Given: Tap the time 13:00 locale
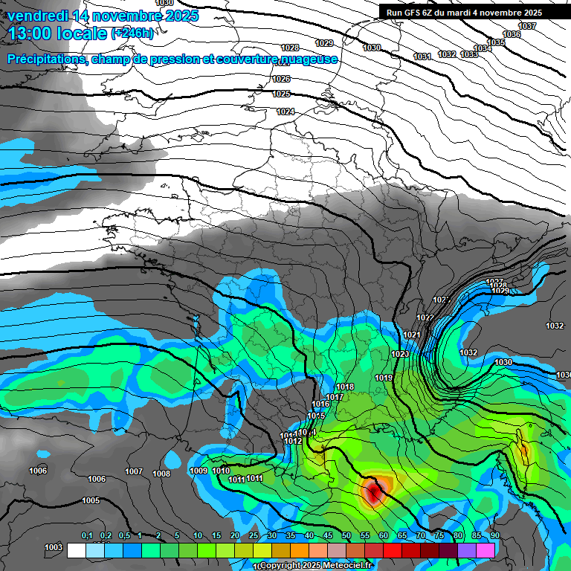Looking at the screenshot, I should [56, 33].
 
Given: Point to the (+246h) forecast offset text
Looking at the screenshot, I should [132, 33].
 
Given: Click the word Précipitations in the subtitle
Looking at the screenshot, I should [45, 59].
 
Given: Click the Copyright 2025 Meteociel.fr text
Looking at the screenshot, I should [316, 566].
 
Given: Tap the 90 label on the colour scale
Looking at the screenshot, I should [495, 536].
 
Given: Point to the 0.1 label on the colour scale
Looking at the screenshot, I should [87, 536].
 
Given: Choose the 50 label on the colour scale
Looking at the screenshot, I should [346, 536].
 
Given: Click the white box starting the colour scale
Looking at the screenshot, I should [76, 550].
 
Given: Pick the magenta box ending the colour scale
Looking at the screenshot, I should [485, 550].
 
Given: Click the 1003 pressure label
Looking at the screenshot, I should [54, 547].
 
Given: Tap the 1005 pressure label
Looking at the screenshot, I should [91, 501].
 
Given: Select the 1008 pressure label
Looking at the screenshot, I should [161, 474].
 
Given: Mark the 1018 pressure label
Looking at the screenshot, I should [345, 387].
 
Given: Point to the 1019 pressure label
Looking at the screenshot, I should [384, 378].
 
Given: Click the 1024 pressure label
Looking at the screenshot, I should [285, 112].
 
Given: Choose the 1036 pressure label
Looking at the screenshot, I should [512, 35].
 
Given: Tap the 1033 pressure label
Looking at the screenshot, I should [469, 54].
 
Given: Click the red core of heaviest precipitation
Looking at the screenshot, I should [373, 491].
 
